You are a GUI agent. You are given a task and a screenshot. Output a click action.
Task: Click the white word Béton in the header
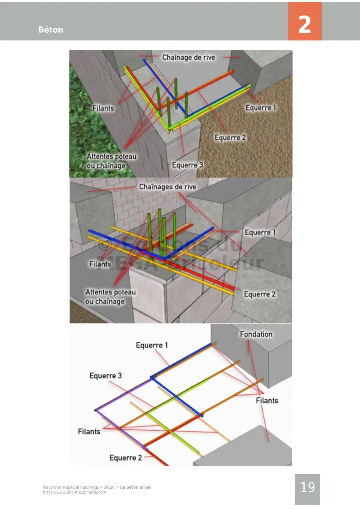point(51,30)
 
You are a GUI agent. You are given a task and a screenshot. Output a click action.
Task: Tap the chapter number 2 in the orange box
point(304,24)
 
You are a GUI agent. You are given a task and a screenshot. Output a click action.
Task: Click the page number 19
point(307,487)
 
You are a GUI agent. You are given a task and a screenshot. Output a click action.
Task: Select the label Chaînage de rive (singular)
point(188,57)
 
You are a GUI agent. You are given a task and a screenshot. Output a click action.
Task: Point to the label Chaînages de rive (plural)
point(168,187)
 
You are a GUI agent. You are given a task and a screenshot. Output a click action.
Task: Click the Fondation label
point(256,334)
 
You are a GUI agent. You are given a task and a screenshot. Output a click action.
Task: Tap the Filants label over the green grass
point(103,108)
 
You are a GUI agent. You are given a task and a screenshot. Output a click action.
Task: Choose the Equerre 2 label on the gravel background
point(230,138)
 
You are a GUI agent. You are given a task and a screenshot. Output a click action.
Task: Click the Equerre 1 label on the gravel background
point(261,108)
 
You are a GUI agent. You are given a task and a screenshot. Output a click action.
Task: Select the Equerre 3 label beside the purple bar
point(105,376)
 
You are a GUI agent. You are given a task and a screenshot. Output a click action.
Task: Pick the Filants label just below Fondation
point(267,400)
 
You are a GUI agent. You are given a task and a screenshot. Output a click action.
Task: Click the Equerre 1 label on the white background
point(152,345)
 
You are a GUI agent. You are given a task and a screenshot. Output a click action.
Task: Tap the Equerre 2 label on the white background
point(126,458)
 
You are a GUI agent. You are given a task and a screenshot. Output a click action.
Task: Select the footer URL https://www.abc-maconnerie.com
point(75,492)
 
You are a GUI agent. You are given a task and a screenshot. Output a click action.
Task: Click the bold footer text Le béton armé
point(135,487)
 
